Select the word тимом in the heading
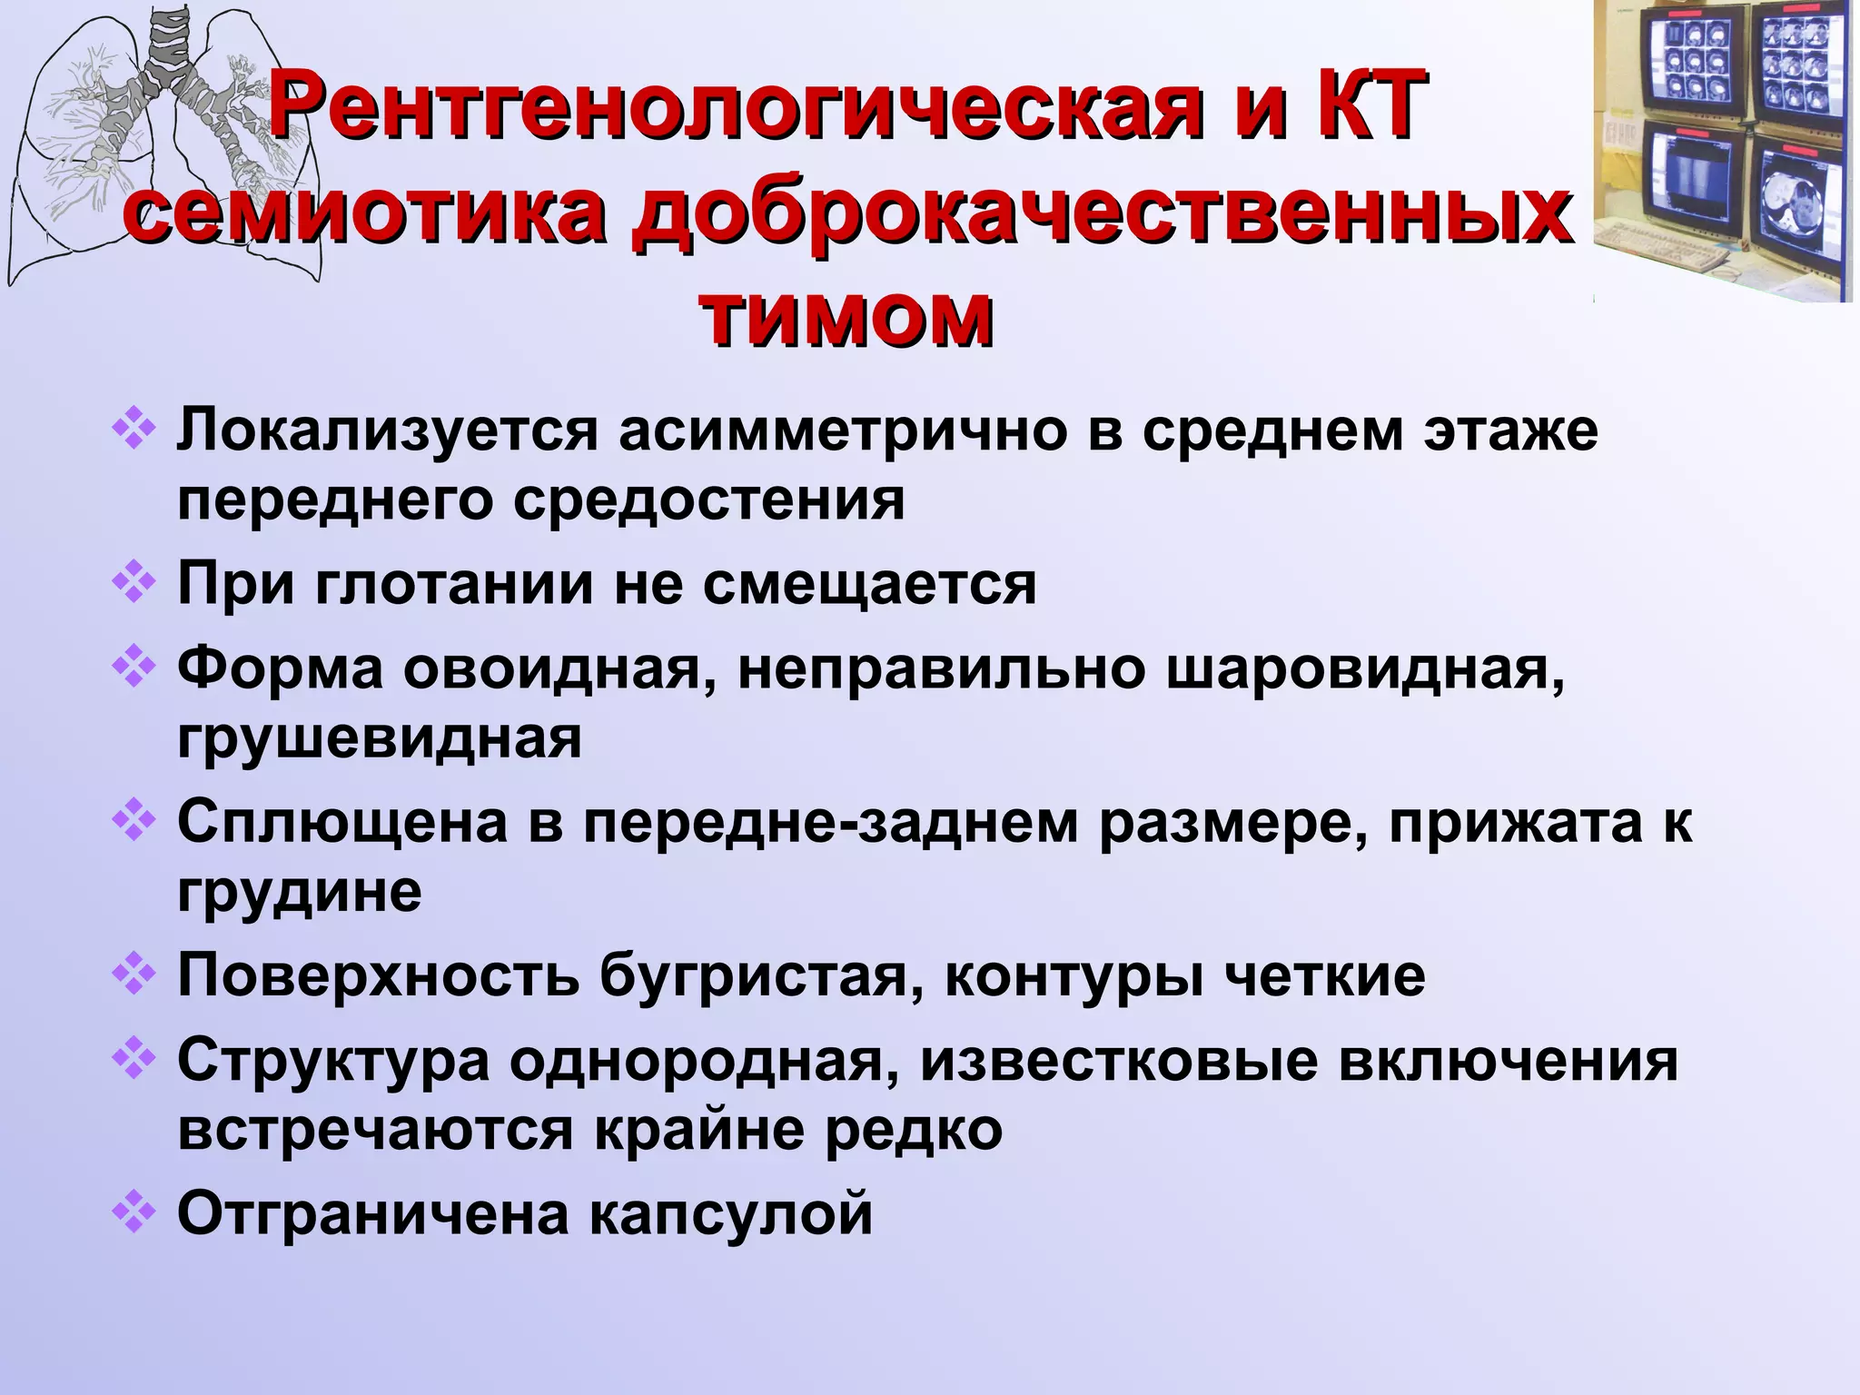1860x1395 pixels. (x=846, y=319)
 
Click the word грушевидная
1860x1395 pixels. (x=380, y=739)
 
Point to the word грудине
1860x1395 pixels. (x=300, y=892)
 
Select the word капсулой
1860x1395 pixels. (x=730, y=1212)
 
